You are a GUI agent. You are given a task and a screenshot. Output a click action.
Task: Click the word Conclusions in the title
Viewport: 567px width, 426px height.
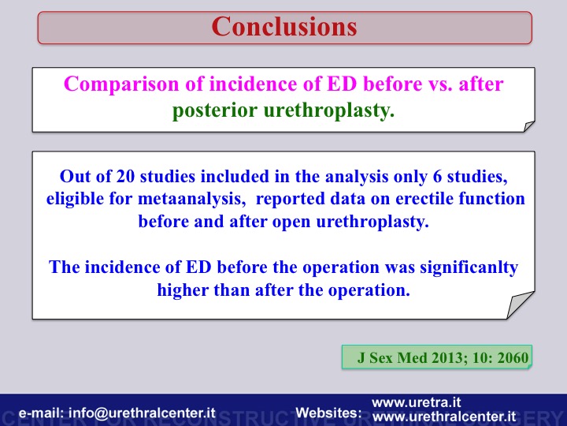tap(284, 27)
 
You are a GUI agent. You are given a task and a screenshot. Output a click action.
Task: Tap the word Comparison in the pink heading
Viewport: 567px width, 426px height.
tap(121, 84)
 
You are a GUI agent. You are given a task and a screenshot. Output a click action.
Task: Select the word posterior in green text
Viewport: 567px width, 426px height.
tap(215, 110)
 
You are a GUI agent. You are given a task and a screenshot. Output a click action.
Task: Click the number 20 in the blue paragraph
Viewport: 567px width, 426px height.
tap(125, 177)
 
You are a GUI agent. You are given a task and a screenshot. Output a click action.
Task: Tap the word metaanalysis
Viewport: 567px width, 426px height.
tap(191, 199)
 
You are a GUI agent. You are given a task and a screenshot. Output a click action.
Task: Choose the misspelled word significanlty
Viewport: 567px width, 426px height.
tap(469, 267)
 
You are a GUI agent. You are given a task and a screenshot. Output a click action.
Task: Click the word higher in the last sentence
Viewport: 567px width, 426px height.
tap(183, 290)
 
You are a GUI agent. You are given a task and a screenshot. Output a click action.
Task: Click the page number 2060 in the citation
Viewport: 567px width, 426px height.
tap(513, 358)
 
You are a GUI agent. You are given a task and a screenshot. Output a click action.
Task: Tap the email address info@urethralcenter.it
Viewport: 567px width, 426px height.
tap(142, 413)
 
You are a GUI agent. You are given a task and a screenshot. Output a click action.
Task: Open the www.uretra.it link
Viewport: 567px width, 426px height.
tap(417, 402)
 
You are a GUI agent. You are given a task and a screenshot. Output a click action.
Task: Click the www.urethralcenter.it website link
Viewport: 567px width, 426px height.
tap(443, 417)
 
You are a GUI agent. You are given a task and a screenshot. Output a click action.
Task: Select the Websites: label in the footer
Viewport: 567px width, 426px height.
tap(328, 413)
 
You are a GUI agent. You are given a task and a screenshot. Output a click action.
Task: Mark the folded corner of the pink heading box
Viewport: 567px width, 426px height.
tap(528, 126)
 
